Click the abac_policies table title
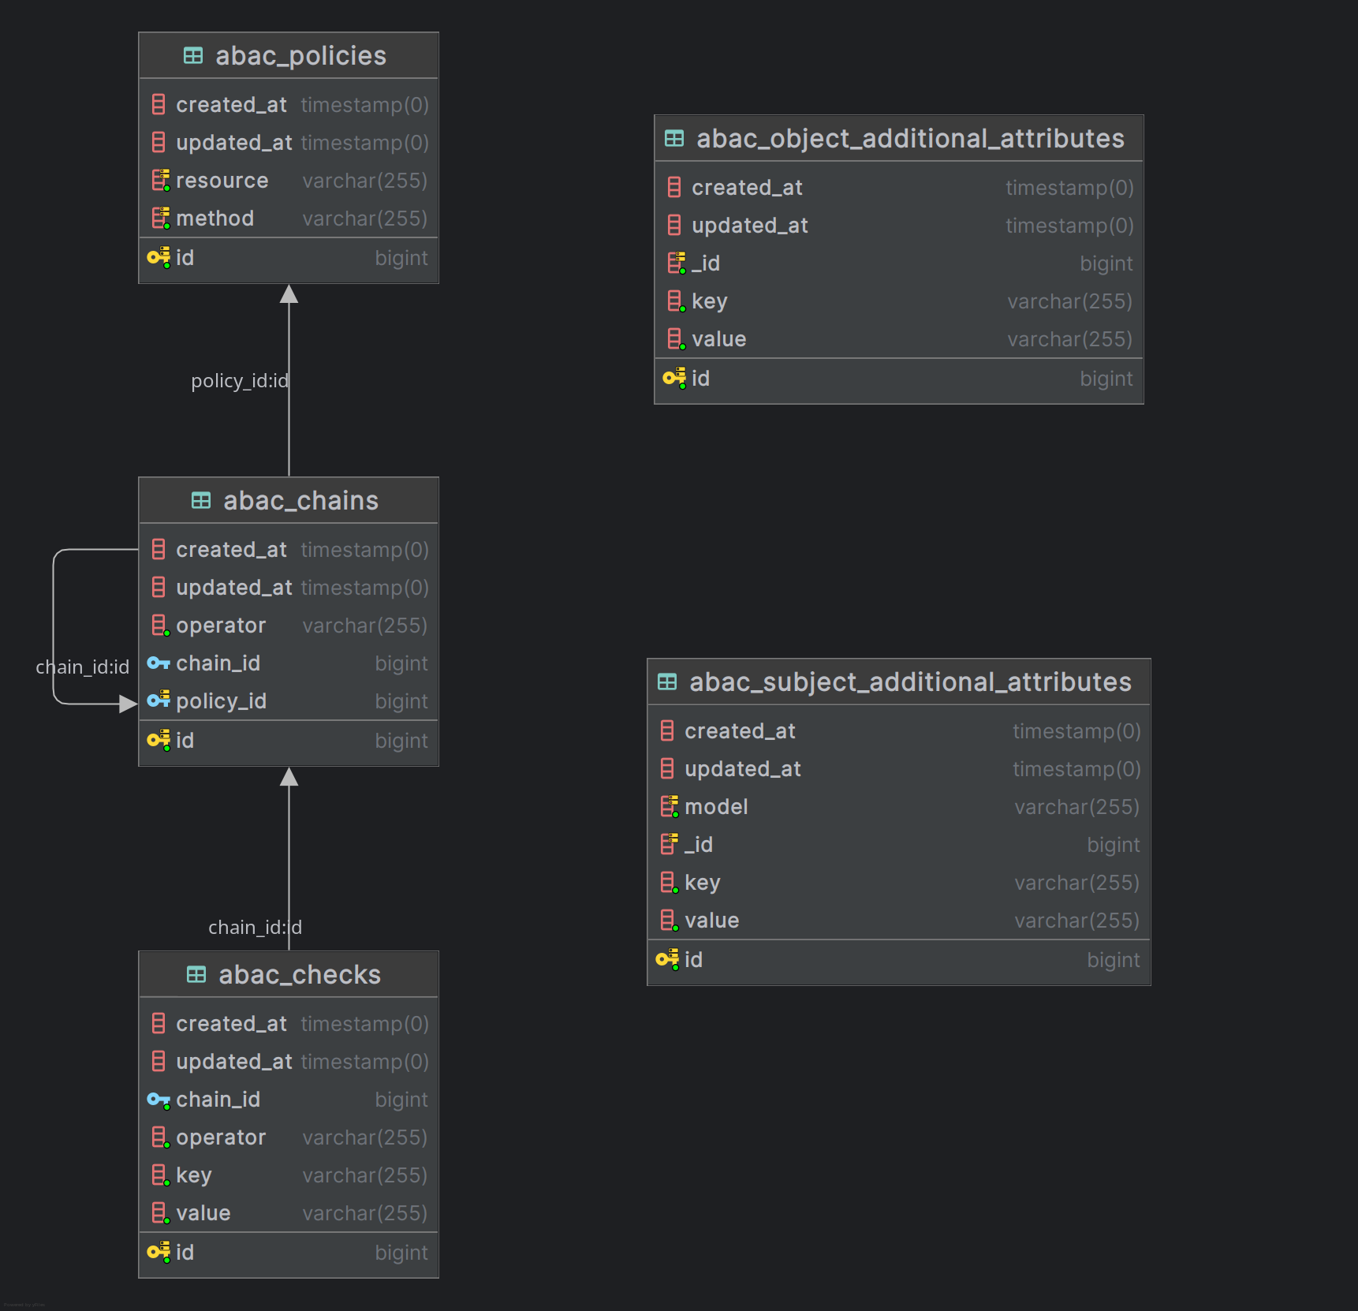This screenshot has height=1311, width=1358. coord(300,56)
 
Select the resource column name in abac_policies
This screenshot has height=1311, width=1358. coord(222,181)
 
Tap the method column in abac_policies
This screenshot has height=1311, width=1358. coord(215,218)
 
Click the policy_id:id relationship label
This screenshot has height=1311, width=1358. coord(240,381)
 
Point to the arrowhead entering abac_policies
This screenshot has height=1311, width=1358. coord(289,294)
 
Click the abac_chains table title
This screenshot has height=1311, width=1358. coord(300,501)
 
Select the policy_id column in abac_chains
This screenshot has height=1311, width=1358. coord(221,701)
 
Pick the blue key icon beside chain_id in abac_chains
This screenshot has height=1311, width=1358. coord(159,663)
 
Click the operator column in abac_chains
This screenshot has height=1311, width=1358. coord(221,626)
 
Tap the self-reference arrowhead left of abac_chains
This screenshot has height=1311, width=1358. coord(128,704)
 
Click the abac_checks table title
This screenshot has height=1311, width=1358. coord(300,975)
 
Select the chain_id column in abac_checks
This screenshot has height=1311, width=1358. coord(218,1100)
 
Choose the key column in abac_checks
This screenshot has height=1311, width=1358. coord(194,1175)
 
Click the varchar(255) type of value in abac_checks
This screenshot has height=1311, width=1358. coord(364,1213)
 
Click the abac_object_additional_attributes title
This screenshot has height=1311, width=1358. coord(910,139)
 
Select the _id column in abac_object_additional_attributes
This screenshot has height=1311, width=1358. coord(706,263)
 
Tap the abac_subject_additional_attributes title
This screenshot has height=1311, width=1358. coord(910,682)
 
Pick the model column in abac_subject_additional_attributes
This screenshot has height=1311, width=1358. coord(716,807)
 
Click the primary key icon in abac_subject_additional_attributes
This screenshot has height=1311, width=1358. coord(667,959)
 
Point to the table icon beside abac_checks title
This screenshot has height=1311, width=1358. coord(196,975)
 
